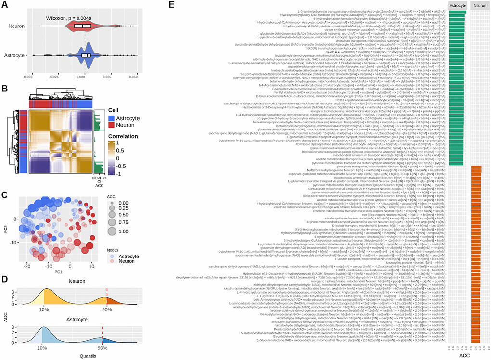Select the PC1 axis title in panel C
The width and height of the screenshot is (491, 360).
59,272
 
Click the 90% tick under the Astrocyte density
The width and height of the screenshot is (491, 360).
102,347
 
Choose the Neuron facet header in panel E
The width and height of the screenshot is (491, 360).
478,5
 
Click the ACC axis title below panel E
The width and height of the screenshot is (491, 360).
465,355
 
